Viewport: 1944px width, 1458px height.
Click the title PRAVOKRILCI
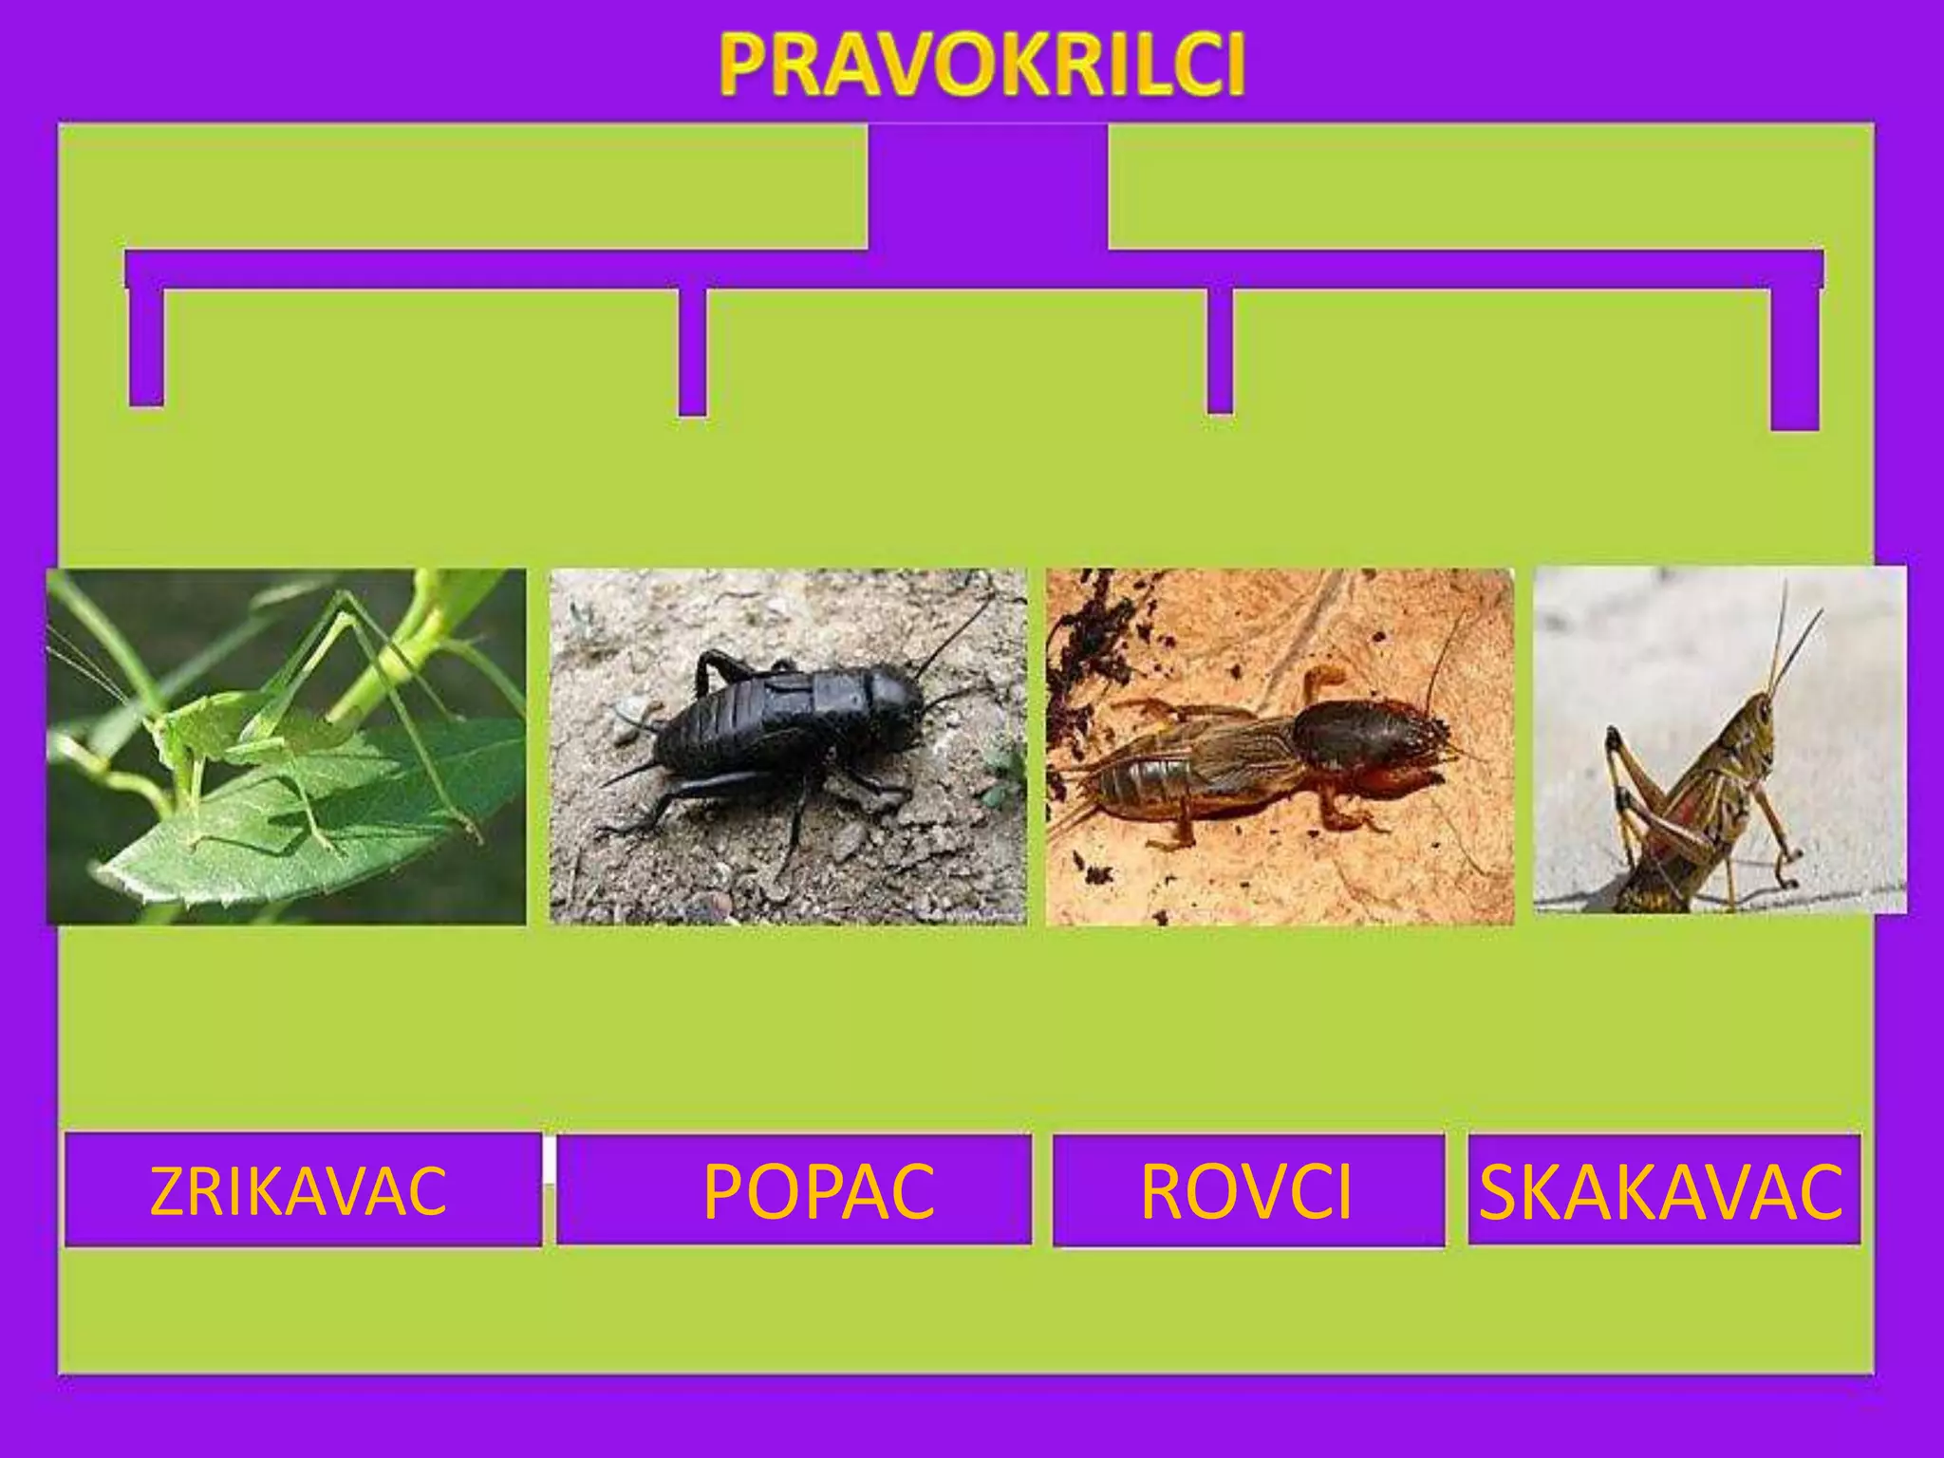coord(981,65)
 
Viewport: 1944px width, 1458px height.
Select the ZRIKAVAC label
coord(298,1190)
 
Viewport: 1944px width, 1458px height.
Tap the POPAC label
coord(818,1190)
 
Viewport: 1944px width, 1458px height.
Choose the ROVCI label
coord(1245,1190)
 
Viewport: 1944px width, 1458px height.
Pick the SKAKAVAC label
coord(1661,1190)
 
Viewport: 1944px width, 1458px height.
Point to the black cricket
coord(778,731)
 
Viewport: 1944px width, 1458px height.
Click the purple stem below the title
coord(987,190)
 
